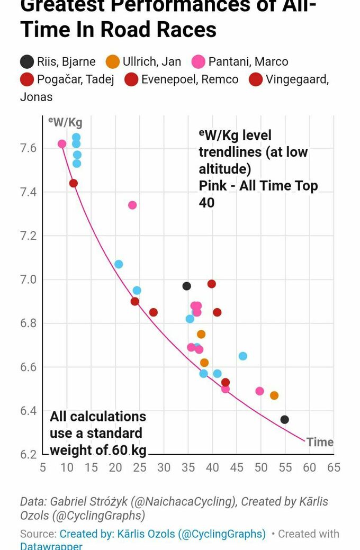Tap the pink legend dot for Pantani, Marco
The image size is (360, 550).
(197, 62)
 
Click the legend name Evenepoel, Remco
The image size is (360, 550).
(190, 80)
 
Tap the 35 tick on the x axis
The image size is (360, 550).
(188, 467)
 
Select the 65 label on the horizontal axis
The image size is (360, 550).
(334, 467)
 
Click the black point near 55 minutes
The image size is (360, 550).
(285, 419)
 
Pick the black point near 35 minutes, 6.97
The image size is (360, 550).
(186, 286)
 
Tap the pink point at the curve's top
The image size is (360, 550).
(62, 144)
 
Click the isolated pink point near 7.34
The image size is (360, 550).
(132, 205)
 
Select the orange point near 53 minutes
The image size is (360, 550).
(274, 395)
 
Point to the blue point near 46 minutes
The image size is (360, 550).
(242, 356)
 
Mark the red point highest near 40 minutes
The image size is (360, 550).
(212, 284)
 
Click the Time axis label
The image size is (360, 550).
(320, 442)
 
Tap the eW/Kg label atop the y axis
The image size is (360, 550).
(65, 122)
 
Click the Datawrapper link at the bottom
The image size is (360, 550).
(51, 546)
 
